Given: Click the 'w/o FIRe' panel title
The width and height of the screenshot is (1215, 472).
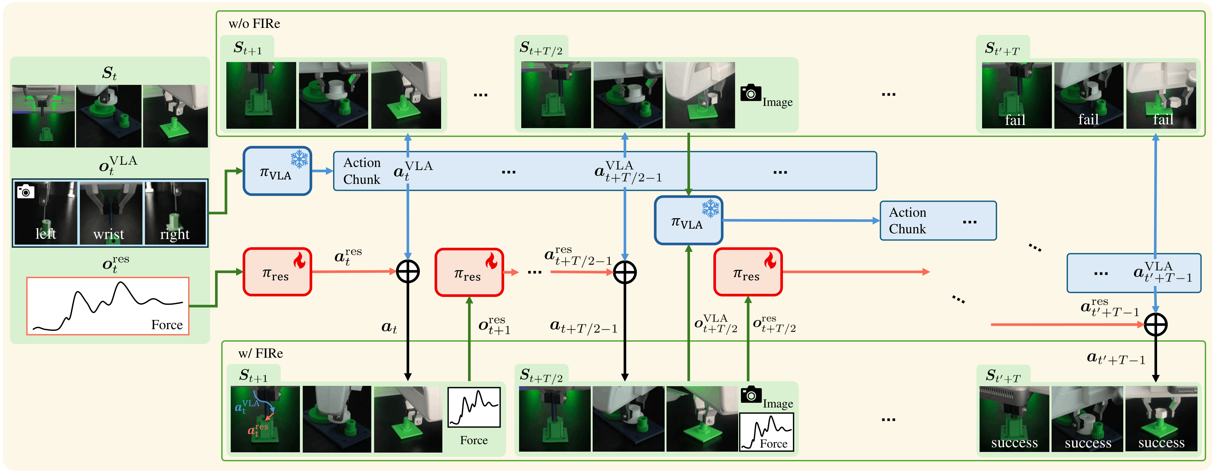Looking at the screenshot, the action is coord(254,23).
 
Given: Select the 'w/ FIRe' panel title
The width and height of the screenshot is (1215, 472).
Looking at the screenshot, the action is coord(260,354).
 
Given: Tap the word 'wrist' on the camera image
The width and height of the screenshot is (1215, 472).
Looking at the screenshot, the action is coord(109,234).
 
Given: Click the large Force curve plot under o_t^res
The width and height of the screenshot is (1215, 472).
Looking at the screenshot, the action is coord(108,306).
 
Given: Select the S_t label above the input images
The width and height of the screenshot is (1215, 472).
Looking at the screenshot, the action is coord(110,73).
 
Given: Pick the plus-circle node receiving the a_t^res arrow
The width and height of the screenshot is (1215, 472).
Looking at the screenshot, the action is coord(408,272).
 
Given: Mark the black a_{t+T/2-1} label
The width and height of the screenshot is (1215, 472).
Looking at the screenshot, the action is coord(584,327).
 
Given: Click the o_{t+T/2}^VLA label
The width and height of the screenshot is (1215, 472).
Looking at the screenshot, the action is coord(716,324).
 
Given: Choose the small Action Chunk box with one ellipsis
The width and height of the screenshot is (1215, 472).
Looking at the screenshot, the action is coord(938,220).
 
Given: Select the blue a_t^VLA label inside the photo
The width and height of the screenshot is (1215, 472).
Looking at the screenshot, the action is coord(247,406).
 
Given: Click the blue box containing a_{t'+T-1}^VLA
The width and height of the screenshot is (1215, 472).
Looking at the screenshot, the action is coord(1134,273).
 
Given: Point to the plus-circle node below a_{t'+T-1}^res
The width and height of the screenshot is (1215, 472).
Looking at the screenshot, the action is coord(1156,325).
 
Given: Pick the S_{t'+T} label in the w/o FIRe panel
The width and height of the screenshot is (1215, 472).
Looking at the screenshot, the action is coord(1002,49).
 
